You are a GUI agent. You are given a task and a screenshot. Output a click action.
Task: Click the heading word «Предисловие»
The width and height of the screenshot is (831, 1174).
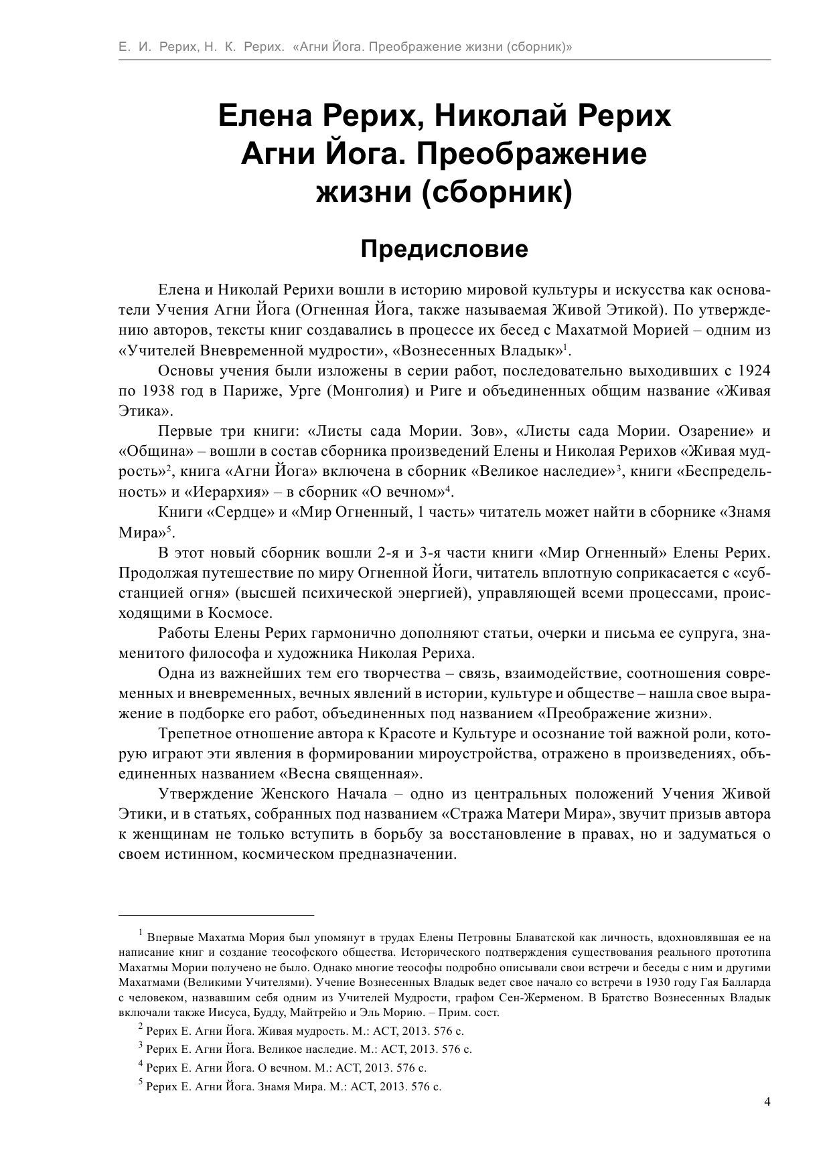444,249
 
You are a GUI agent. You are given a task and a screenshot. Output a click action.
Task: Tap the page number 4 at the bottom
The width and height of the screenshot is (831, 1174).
767,1121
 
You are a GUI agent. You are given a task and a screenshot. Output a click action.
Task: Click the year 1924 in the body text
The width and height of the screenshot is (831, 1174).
754,371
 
